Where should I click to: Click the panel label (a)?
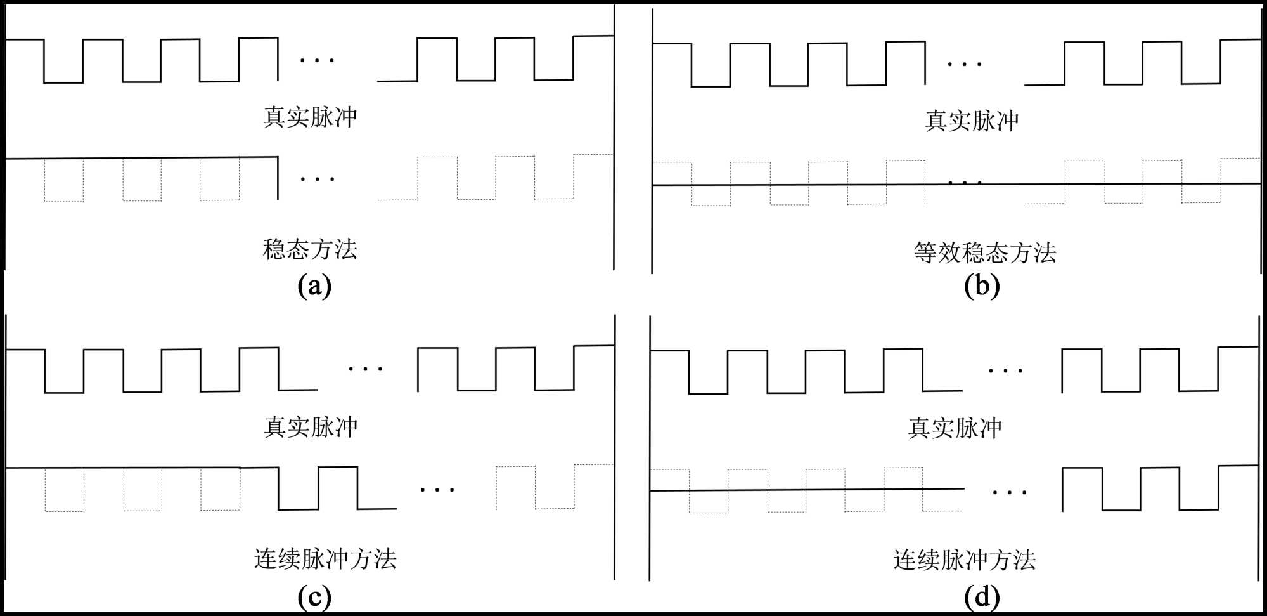[x=314, y=285]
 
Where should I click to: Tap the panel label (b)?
[x=982, y=285]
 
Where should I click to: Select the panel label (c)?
[x=314, y=596]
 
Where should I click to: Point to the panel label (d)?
[x=982, y=596]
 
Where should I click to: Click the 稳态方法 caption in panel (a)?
[x=310, y=249]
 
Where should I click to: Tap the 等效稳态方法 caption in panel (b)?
[x=985, y=252]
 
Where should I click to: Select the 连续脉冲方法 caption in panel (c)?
[x=325, y=559]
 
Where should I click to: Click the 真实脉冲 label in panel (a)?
[x=310, y=117]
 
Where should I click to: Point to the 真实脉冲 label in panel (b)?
[x=972, y=121]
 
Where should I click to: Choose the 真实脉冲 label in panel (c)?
[x=311, y=427]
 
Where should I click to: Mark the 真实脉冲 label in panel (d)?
[x=955, y=428]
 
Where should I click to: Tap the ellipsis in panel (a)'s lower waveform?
[x=317, y=180]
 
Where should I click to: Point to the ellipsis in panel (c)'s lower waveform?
[x=437, y=490]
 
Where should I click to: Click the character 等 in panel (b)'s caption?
[x=925, y=252]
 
